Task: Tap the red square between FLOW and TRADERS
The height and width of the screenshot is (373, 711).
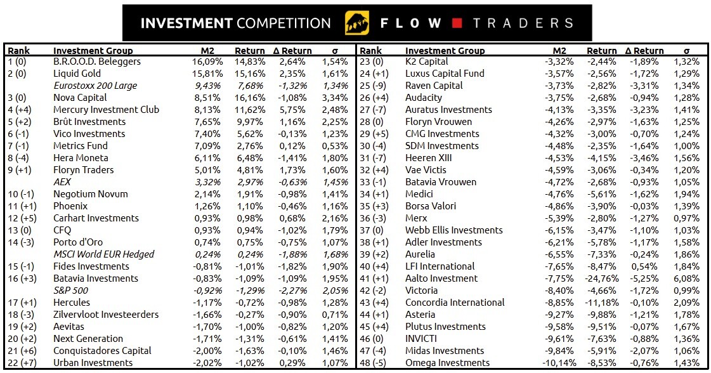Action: (x=457, y=23)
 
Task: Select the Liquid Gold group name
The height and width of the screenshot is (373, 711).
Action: (x=77, y=74)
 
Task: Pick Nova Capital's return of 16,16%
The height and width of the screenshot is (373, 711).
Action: (x=250, y=98)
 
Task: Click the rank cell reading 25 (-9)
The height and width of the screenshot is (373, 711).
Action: (x=374, y=86)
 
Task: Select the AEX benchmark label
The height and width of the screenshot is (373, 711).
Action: (x=63, y=182)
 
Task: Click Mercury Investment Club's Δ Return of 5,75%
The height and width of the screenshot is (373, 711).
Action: (x=292, y=110)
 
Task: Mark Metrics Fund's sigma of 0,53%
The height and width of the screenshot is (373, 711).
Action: (x=335, y=146)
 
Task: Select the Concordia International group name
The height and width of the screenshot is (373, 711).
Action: (x=455, y=303)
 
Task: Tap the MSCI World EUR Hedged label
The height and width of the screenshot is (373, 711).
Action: (x=103, y=254)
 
